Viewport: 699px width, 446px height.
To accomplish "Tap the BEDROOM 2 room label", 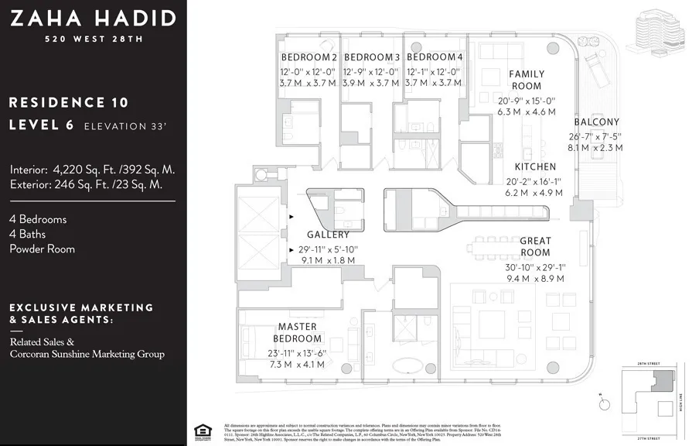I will [309, 57].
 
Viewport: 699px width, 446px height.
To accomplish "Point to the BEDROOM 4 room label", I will [435, 57].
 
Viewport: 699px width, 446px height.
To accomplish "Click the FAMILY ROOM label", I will [527, 80].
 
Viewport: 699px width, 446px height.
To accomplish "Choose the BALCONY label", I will [596, 122].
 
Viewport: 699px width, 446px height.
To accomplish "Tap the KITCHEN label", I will [535, 166].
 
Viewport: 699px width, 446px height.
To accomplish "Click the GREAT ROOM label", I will [535, 246].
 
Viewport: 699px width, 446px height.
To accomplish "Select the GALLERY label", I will [328, 235].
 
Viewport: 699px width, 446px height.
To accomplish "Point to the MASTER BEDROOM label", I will [298, 333].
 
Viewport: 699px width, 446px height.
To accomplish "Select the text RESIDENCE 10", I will [69, 102].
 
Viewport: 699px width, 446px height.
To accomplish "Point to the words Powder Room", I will [42, 249].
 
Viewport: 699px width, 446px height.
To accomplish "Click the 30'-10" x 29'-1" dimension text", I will [535, 267].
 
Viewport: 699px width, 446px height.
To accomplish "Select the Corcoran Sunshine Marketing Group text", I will [87, 354].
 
